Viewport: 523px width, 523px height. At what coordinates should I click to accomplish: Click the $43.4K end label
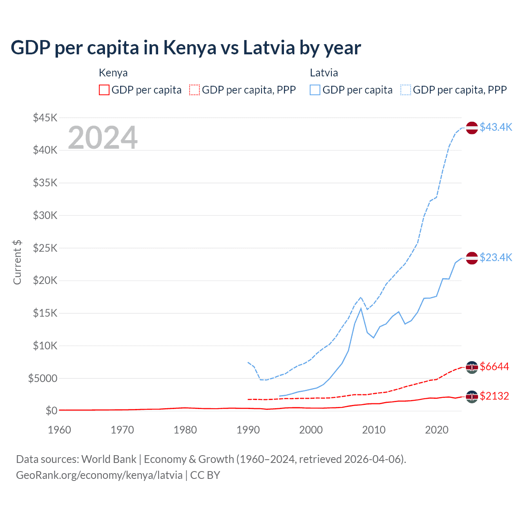click(496, 127)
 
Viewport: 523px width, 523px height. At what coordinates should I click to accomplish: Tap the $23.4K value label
click(496, 257)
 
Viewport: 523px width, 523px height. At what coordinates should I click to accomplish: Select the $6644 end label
click(494, 367)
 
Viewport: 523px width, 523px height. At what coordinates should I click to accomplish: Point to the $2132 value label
click(494, 396)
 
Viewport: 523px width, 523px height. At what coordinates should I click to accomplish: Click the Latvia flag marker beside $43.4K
click(472, 128)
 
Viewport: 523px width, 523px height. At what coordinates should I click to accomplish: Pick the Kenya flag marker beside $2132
click(472, 397)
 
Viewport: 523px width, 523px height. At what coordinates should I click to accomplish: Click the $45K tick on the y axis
click(45, 118)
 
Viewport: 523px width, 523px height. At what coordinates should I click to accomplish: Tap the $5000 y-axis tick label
click(43, 378)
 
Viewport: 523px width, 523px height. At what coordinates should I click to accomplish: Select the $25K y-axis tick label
click(45, 248)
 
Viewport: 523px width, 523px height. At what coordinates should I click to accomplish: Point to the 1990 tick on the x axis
click(248, 430)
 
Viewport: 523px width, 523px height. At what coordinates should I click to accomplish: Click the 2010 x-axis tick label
click(374, 430)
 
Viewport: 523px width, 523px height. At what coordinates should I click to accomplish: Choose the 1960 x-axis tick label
click(60, 430)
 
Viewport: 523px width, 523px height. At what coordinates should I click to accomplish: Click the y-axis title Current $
click(17, 262)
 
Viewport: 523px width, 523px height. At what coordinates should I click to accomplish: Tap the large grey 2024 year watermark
click(103, 138)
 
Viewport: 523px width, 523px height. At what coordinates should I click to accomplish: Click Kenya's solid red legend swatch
click(104, 90)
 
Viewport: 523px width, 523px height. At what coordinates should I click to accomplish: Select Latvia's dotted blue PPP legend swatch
click(406, 90)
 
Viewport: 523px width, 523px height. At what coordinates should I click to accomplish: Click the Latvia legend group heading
click(324, 73)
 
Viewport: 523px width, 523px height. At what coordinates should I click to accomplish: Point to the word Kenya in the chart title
click(190, 47)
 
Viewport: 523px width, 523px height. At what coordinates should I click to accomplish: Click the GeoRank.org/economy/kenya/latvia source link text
click(99, 475)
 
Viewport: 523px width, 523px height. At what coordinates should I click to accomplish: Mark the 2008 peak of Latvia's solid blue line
click(361, 308)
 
